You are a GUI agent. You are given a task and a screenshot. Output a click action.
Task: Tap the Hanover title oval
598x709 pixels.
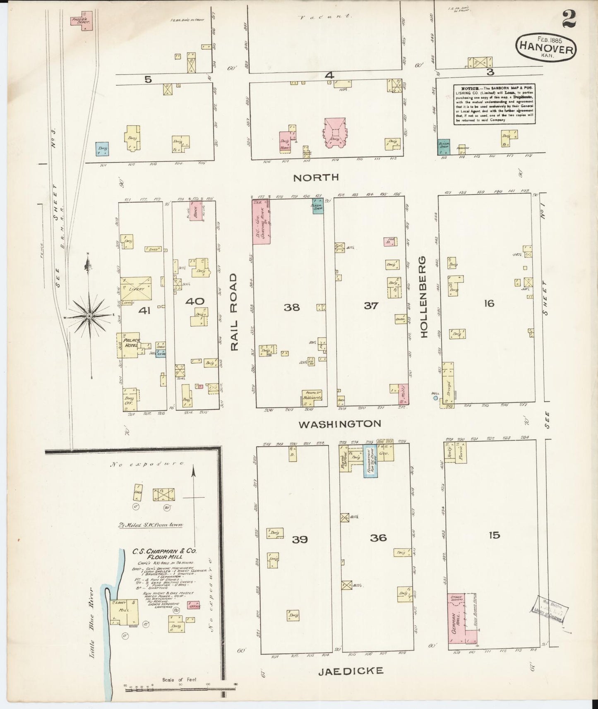coord(545,48)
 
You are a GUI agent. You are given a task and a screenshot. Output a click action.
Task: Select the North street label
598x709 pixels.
coord(316,178)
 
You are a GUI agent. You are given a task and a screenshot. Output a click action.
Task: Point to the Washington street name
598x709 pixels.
coord(340,424)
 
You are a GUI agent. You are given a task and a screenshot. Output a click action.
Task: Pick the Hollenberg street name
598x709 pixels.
coord(424,297)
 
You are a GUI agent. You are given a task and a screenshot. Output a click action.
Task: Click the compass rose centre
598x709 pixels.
coord(89,316)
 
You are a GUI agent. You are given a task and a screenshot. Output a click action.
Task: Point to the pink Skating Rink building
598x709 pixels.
coord(262,222)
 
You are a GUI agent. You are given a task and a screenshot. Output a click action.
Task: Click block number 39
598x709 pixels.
coord(300,539)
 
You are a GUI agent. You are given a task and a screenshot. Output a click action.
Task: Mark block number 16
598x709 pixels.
coord(489,304)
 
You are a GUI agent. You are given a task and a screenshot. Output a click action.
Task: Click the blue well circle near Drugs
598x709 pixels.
coord(435,398)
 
